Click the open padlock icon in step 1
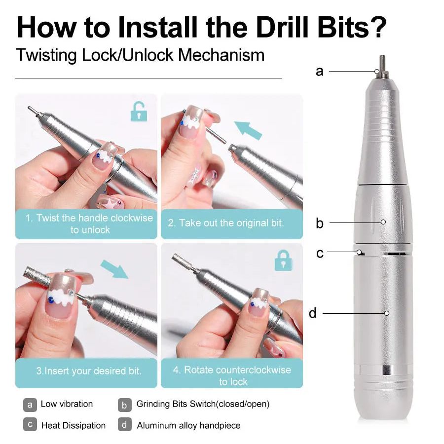click(139, 111)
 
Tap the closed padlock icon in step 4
click(284, 260)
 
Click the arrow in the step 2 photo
click(248, 131)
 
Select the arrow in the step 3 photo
click(114, 269)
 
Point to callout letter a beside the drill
click(319, 72)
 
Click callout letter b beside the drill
click(320, 223)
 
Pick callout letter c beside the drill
click(320, 253)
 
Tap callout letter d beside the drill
click(313, 313)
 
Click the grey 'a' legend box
click(30, 405)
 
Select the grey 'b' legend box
click(125, 405)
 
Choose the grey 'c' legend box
click(30, 424)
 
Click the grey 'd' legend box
click(125, 424)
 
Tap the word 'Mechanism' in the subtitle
click(221, 55)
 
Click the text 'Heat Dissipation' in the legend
click(74, 425)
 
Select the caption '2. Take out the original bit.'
click(225, 223)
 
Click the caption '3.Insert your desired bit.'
click(89, 370)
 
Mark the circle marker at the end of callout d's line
click(387, 313)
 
